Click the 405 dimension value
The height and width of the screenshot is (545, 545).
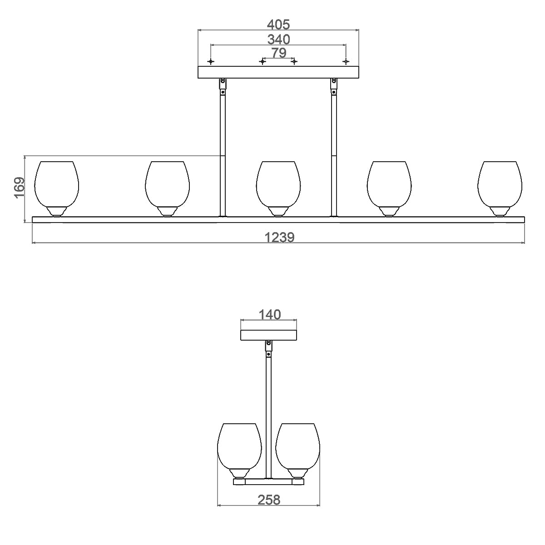(x=278, y=25)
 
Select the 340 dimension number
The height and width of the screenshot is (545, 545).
(x=278, y=40)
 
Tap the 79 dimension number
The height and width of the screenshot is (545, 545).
(x=278, y=53)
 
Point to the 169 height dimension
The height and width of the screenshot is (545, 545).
(x=19, y=188)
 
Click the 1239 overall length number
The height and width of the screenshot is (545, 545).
(x=279, y=237)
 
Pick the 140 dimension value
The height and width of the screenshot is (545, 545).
(x=269, y=314)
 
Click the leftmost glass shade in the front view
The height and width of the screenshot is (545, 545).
(x=57, y=189)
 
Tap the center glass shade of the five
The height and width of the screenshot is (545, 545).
(x=278, y=189)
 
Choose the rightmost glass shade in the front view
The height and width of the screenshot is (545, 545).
(x=500, y=189)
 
